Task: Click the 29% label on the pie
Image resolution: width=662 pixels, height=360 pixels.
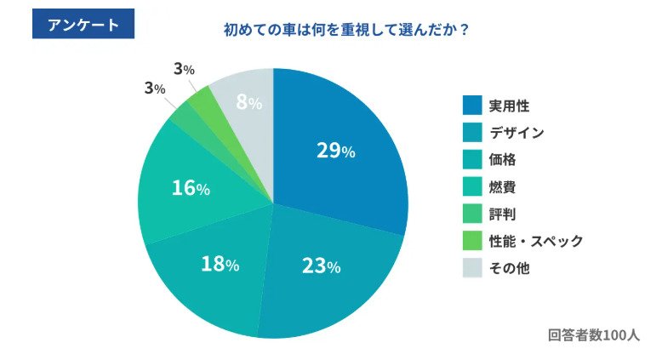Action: (x=335, y=151)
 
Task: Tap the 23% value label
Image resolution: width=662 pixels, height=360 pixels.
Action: (x=321, y=266)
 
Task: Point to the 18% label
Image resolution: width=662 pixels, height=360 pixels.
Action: (x=220, y=264)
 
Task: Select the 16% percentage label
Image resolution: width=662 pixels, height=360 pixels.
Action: (x=191, y=188)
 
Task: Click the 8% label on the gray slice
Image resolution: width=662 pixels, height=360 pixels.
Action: (x=248, y=103)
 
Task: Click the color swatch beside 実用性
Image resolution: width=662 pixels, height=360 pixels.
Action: (x=472, y=106)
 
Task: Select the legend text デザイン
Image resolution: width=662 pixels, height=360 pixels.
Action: (x=516, y=133)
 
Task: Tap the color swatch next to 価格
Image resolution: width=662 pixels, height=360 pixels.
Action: (x=472, y=159)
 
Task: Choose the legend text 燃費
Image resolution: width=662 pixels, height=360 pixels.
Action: (x=501, y=186)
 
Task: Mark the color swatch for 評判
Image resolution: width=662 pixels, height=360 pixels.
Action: (x=472, y=214)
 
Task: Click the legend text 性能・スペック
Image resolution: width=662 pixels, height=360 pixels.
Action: (x=536, y=241)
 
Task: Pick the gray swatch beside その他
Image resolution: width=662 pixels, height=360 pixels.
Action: (x=472, y=268)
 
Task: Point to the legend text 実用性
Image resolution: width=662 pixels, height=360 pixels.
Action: (x=509, y=106)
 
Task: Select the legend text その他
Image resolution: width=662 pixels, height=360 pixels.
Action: (x=509, y=268)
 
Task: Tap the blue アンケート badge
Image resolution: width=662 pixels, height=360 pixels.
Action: (x=83, y=25)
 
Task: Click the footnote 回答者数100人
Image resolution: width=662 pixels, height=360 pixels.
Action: (x=593, y=334)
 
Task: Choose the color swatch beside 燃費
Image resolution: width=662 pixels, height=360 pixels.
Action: (x=472, y=186)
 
